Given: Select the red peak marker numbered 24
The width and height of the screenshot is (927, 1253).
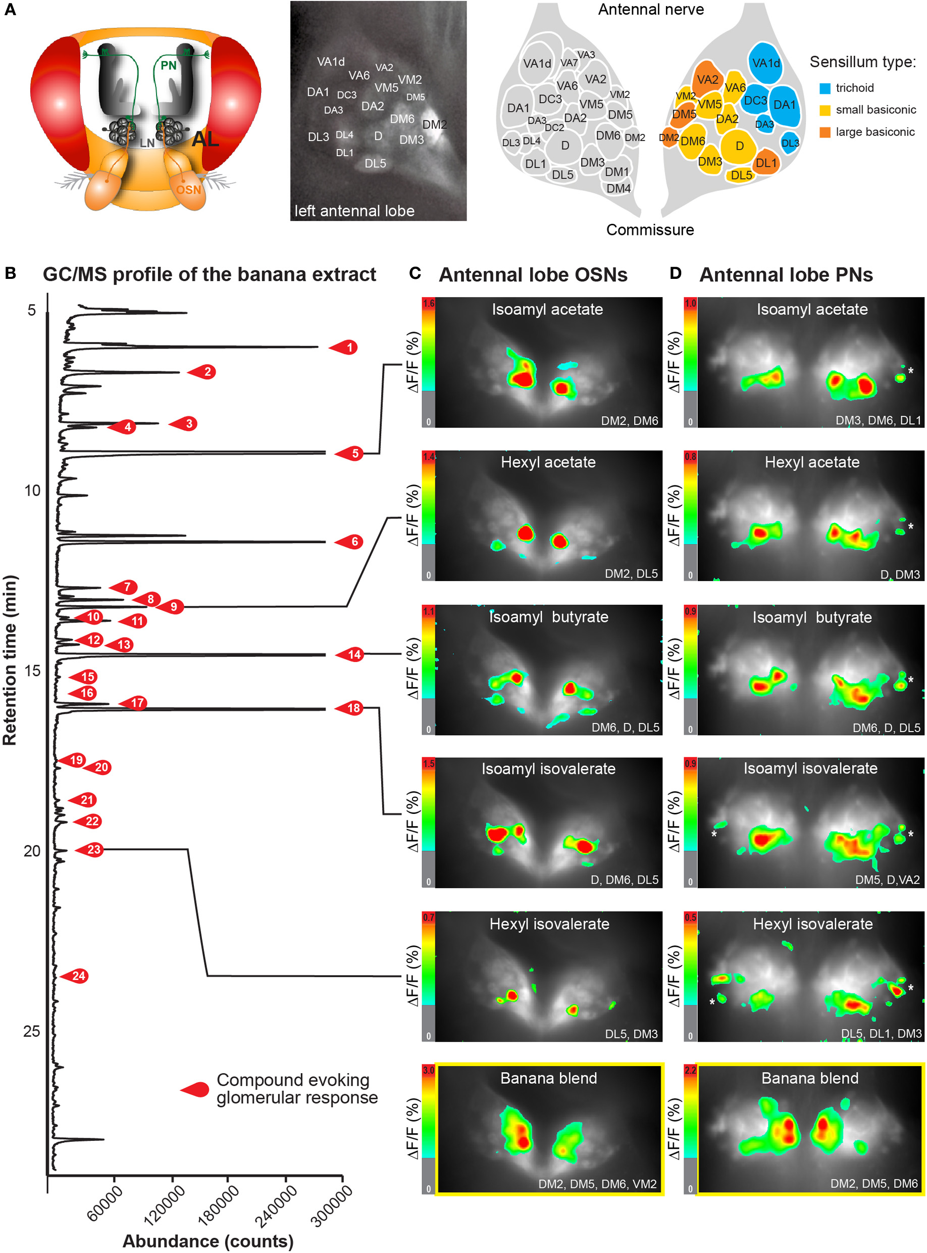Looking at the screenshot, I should click(x=76, y=976).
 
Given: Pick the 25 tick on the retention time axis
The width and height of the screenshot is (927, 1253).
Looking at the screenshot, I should click(x=32, y=1031).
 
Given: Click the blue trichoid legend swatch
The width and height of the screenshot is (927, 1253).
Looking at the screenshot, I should click(x=825, y=88).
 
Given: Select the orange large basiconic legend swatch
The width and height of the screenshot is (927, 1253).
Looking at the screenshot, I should click(x=825, y=132).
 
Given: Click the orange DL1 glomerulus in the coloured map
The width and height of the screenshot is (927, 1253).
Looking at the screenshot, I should click(x=766, y=163).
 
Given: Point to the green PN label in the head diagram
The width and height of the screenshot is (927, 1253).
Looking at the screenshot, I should click(x=168, y=65).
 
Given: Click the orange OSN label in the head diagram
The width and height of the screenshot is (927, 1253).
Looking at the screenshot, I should click(x=188, y=190).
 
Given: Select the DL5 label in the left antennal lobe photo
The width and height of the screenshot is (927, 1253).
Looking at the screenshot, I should click(x=376, y=163).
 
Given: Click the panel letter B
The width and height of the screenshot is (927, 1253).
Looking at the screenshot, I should click(x=10, y=273).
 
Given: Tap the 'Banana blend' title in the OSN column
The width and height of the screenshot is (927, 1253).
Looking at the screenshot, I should click(x=548, y=1078).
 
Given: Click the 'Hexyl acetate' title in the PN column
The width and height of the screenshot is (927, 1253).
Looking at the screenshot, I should click(x=811, y=462).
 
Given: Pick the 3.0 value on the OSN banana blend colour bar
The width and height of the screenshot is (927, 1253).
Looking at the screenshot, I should click(x=429, y=1071).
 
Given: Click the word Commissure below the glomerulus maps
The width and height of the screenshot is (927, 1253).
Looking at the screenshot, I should click(x=650, y=229).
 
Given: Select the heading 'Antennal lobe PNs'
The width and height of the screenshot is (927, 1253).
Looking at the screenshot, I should click(x=786, y=274).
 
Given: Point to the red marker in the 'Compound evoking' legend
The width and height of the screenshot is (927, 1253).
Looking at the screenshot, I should click(x=196, y=1090).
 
